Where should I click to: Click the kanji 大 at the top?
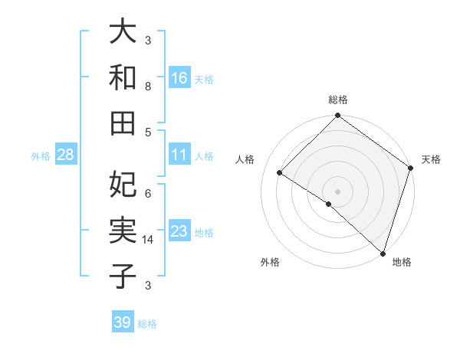pos(123,32)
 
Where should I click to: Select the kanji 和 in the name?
pos(123,77)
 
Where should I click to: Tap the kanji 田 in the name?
pos(123,121)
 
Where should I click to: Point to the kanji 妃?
pos(123,184)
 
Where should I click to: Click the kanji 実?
pos(123,229)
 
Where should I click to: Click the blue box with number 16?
pos(179,77)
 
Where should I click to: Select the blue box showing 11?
pos(179,155)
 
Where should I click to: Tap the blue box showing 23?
pos(179,231)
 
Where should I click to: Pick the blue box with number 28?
pos(66,155)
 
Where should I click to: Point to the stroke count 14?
pos(148,240)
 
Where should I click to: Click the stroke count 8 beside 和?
pos(148,86)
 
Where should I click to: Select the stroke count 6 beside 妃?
pos(148,193)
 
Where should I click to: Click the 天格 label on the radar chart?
pos(431,159)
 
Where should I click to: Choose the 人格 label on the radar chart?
pos(245,159)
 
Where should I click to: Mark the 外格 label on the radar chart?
pos(270,262)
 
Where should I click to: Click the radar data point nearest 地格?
pos(382,252)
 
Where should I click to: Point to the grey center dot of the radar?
pos(337,191)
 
